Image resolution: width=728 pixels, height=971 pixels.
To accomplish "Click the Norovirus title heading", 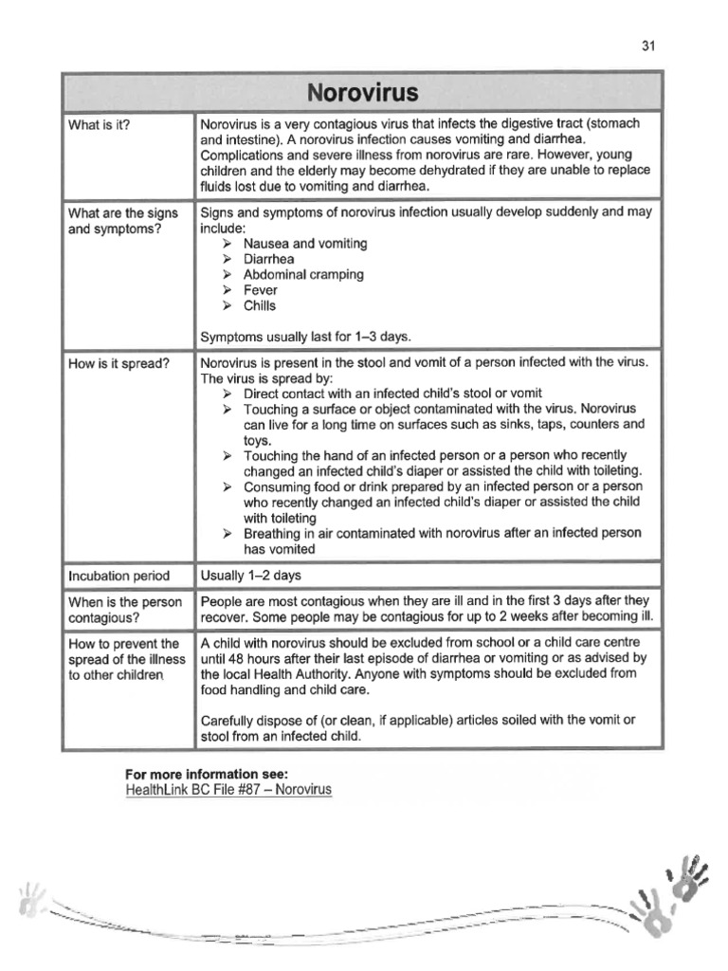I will pyautogui.click(x=363, y=94).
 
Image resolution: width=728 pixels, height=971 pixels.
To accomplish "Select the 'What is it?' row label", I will pyautogui.click(x=100, y=124).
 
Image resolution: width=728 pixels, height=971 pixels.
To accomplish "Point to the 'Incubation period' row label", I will pyautogui.click(x=119, y=575).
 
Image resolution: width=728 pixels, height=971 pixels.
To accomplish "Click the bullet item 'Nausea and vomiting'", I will pyautogui.click(x=304, y=244).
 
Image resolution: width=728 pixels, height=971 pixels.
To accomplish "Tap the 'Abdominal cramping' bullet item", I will pyautogui.click(x=302, y=275).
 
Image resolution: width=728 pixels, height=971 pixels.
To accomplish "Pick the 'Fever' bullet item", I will pyautogui.click(x=260, y=290).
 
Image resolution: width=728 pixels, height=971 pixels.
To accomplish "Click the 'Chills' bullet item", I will pyautogui.click(x=260, y=306).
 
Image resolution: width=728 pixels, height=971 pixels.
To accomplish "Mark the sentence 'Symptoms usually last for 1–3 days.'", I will pyautogui.click(x=305, y=337).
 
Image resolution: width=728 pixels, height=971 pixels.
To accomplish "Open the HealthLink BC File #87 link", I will pyautogui.click(x=228, y=789).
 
